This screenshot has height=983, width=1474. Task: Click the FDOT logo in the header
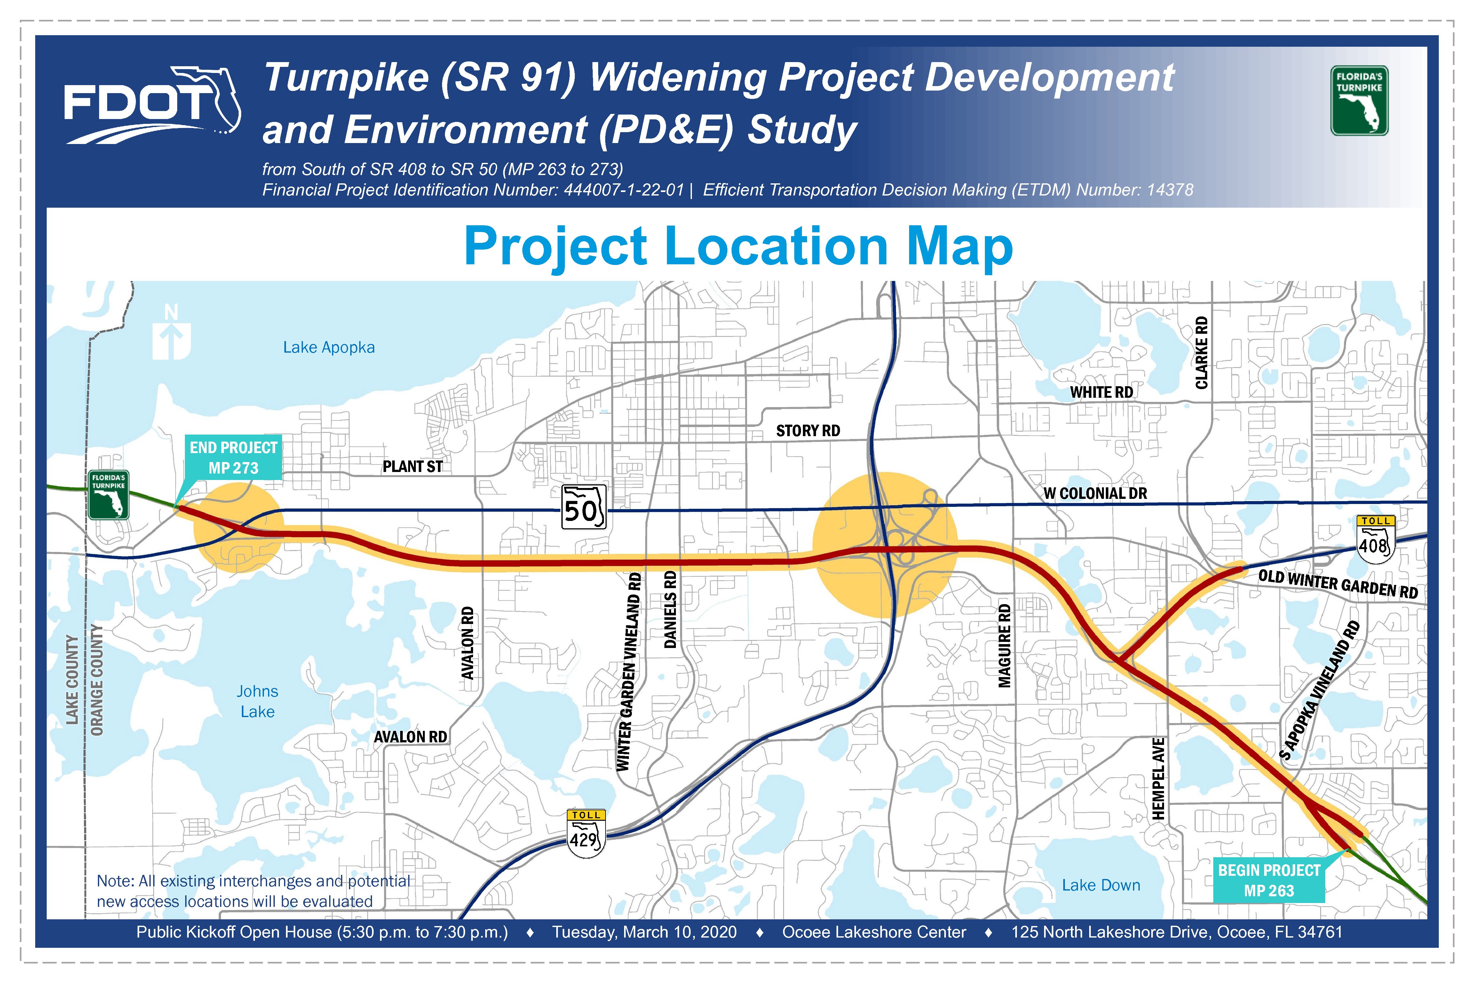pos(152,105)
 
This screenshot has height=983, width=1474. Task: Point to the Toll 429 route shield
pos(586,834)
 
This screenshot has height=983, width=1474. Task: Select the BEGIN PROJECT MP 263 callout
pos(1269,880)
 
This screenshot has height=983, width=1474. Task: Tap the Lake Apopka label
pos(329,347)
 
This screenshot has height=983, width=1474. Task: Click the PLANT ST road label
pos(412,467)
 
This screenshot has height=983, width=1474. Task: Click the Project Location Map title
pos(738,246)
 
